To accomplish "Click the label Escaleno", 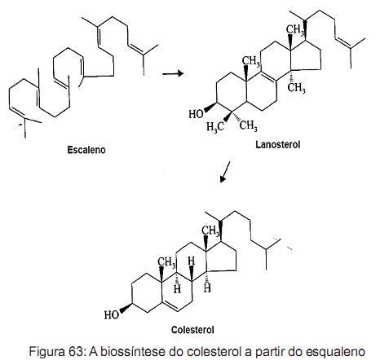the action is (x=86, y=150).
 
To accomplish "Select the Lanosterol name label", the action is (x=278, y=144).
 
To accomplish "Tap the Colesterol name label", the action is (x=192, y=330).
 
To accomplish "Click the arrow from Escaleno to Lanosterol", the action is (x=173, y=73).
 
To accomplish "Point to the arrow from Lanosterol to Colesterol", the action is (x=225, y=172).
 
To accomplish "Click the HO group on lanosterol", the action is (x=196, y=114).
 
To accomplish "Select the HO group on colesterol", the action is (x=112, y=314).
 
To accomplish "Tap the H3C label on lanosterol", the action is (x=215, y=127).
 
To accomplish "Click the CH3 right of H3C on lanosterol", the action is (x=248, y=125).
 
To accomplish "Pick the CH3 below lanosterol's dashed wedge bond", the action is (x=297, y=88).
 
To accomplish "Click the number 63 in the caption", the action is (x=77, y=352).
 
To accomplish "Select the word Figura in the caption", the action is (x=48, y=352).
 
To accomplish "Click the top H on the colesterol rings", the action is (x=192, y=261).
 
